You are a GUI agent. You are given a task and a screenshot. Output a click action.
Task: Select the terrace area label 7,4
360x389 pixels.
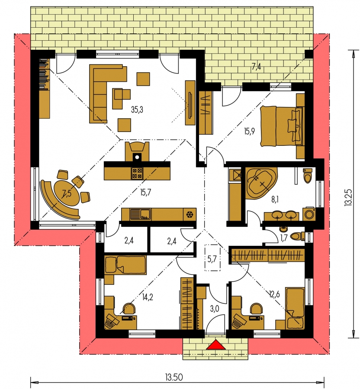tap(257, 67)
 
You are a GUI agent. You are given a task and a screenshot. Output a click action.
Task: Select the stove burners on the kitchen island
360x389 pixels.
tap(138, 173)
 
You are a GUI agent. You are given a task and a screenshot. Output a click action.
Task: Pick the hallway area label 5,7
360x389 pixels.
tap(212, 259)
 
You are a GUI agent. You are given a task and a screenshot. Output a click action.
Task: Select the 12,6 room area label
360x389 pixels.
tap(274, 295)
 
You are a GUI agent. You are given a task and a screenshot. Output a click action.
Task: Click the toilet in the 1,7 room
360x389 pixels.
tap(296, 236)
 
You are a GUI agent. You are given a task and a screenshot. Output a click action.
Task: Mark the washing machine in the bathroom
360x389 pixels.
tap(310, 214)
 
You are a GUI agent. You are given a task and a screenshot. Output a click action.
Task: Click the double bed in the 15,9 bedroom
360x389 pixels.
tap(281, 125)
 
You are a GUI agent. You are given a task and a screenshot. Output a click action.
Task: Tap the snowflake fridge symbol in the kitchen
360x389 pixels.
tap(189, 214)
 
